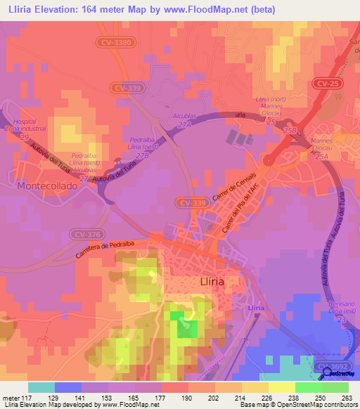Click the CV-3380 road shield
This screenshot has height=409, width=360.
click(x=114, y=43)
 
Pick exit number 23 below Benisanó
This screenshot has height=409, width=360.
click(x=342, y=319)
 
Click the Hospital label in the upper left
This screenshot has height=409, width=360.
click(x=27, y=122)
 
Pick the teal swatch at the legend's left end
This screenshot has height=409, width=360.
click(x=41, y=387)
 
